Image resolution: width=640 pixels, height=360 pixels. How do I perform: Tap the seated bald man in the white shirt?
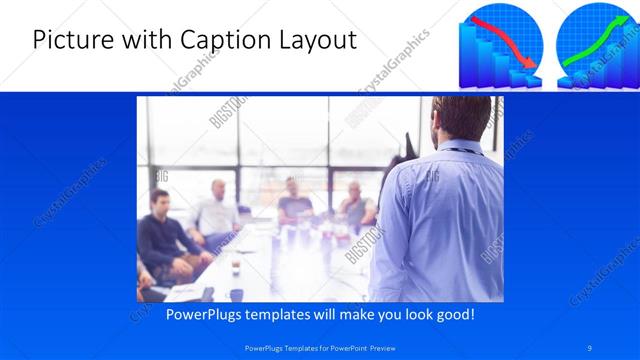(x=219, y=210)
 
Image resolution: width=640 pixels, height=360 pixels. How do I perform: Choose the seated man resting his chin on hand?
(x=355, y=205)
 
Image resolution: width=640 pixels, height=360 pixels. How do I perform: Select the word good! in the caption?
(x=453, y=314)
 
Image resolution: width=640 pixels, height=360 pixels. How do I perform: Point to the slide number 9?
(x=591, y=346)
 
